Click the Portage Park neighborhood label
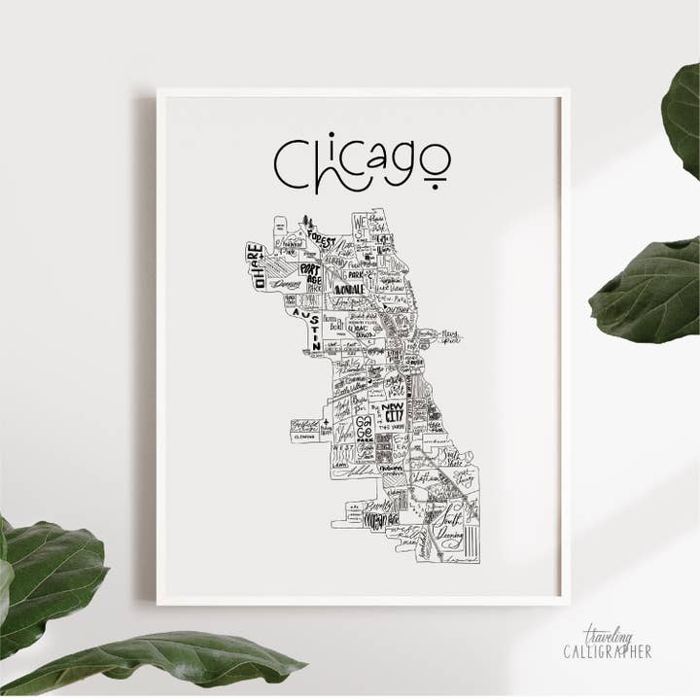tap(310, 276)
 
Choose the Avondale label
tap(349, 289)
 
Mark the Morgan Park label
tap(377, 522)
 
